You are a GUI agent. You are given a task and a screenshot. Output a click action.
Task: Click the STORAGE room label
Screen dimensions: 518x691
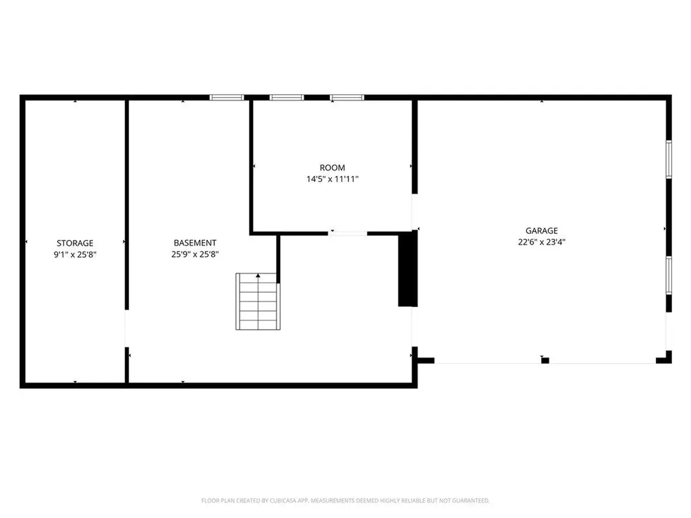tap(75, 243)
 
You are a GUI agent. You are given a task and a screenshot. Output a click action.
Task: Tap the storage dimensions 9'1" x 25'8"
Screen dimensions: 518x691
tap(75, 254)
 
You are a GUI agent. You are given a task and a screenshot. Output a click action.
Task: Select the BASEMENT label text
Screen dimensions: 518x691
tap(195, 243)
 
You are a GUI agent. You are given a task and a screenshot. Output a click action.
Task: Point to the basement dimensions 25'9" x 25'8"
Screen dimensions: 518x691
tap(195, 254)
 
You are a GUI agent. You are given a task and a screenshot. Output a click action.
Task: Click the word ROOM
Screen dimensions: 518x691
tap(332, 167)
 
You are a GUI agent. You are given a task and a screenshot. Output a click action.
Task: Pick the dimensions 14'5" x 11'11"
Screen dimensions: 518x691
tap(332, 179)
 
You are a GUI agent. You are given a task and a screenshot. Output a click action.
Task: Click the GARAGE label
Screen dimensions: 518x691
tap(542, 231)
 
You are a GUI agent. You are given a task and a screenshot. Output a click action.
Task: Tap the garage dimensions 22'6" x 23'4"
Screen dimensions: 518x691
tap(542, 241)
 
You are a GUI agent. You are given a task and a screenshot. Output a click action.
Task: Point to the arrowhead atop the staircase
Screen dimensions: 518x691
tap(257, 276)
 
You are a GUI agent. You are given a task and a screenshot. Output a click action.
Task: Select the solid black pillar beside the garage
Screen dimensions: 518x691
tap(406, 269)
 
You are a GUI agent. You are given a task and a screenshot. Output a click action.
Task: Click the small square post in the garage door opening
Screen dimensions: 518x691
tap(545, 360)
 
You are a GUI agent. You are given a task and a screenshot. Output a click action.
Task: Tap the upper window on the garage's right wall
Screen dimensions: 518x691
tap(669, 159)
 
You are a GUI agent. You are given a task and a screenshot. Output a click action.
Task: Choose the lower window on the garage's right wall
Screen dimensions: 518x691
tap(669, 275)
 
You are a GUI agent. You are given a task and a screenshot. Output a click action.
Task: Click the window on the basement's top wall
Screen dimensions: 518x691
tap(227, 98)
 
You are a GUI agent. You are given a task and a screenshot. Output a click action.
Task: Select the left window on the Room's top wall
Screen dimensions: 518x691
tap(287, 98)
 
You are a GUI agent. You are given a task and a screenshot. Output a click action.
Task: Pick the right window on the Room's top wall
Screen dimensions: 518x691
tap(347, 98)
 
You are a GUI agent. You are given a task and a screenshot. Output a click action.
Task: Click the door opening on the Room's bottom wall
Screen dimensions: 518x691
tap(348, 233)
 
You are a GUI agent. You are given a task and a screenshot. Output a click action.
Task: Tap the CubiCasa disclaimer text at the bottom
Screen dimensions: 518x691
tap(345, 500)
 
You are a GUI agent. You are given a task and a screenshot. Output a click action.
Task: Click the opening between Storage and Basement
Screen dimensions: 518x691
tap(126, 328)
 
